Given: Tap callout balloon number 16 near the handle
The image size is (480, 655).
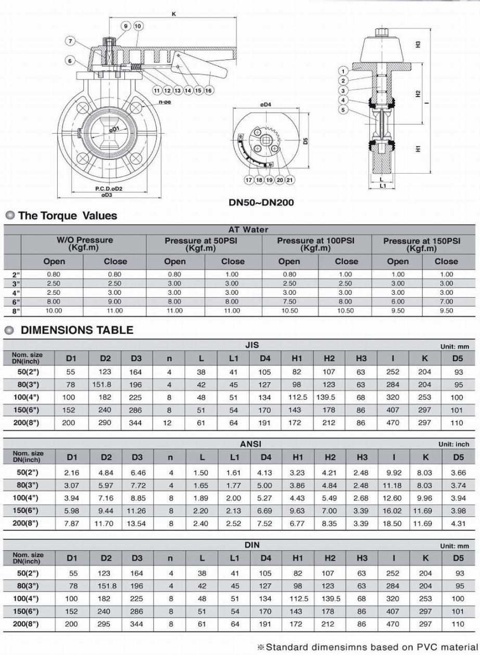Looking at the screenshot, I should [208, 90].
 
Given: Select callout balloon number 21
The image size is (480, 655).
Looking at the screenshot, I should [290, 180].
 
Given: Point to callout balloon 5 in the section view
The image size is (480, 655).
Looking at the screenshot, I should [343, 109].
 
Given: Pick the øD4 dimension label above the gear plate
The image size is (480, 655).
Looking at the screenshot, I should [266, 105].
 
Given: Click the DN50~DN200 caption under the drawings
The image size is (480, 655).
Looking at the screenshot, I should [261, 203].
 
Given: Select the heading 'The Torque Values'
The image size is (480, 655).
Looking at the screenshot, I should [68, 216].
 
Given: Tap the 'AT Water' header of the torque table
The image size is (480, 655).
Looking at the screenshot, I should [248, 229].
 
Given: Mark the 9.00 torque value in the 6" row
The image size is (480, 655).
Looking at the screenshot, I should [114, 302].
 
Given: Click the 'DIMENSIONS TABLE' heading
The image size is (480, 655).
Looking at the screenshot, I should [77, 330].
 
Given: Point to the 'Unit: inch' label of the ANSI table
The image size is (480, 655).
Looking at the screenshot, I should [453, 444].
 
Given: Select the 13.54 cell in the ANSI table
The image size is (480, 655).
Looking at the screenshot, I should [136, 523].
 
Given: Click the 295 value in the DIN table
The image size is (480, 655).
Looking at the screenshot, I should [105, 624].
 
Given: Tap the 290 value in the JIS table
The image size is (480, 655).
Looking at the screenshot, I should [105, 423].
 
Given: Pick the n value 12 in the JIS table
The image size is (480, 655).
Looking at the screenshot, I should [170, 423].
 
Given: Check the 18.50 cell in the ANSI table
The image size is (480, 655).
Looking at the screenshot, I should [394, 523].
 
